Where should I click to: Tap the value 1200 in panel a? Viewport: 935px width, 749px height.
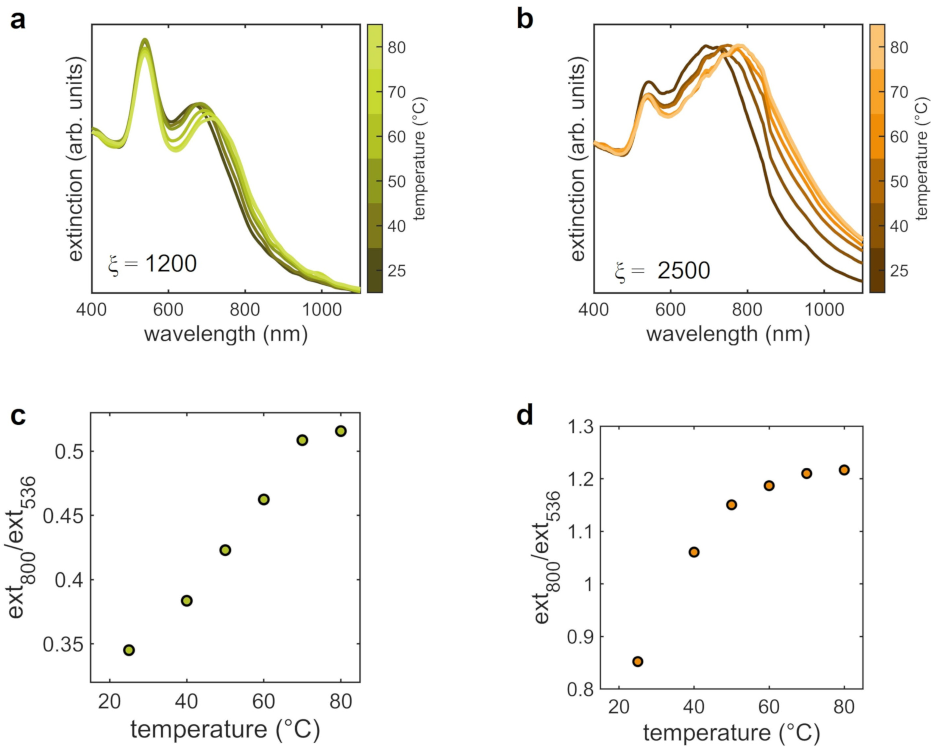(171, 263)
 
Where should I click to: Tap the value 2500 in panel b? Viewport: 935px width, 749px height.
(683, 271)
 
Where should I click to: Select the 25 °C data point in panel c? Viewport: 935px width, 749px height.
(129, 650)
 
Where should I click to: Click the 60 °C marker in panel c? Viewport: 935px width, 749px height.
(264, 499)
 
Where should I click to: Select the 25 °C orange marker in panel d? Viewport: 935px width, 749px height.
(638, 661)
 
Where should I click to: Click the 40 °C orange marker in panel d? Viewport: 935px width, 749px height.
(694, 552)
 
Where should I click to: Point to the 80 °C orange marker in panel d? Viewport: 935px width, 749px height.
(844, 470)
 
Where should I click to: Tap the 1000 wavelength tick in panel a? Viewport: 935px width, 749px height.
(321, 310)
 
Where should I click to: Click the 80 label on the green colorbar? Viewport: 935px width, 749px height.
(397, 47)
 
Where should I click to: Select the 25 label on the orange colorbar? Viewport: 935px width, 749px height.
(899, 271)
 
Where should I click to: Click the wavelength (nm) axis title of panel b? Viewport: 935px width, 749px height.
(728, 334)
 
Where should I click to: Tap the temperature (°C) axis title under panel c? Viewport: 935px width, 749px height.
(225, 729)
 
